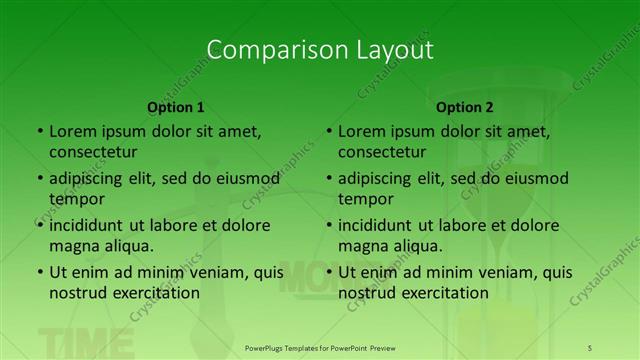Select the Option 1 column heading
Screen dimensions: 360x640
(x=176, y=107)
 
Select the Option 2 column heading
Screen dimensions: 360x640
(x=465, y=107)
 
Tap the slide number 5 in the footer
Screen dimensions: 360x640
(x=590, y=347)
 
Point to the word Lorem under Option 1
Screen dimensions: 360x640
(x=71, y=131)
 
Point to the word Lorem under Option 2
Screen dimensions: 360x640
(x=360, y=131)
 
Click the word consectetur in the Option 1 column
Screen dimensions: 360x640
(x=93, y=153)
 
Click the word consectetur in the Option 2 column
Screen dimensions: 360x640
(x=382, y=153)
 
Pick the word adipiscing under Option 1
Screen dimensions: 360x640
(x=91, y=179)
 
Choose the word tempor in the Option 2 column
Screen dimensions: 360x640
(x=367, y=199)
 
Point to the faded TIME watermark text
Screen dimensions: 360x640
(x=85, y=343)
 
